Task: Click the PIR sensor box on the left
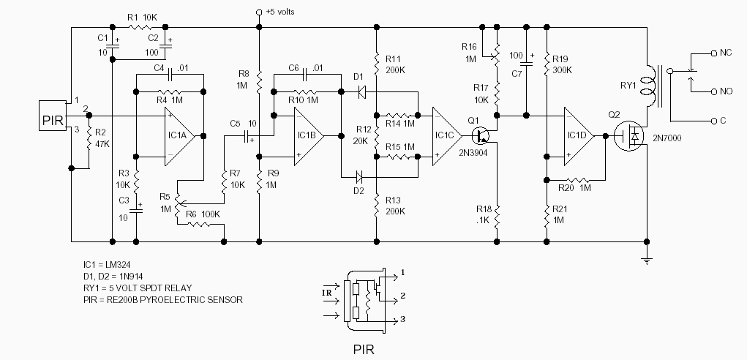(53, 116)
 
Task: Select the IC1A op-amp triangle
(179, 136)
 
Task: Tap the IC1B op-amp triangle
(309, 136)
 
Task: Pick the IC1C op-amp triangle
(447, 136)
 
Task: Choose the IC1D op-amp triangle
(579, 136)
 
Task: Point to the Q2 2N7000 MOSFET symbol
(629, 136)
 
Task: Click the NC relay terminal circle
(713, 53)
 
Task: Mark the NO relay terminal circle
(713, 91)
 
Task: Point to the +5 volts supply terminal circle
(259, 12)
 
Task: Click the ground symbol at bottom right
(647, 260)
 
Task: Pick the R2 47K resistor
(89, 139)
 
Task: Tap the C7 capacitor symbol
(526, 62)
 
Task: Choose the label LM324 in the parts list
(117, 264)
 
